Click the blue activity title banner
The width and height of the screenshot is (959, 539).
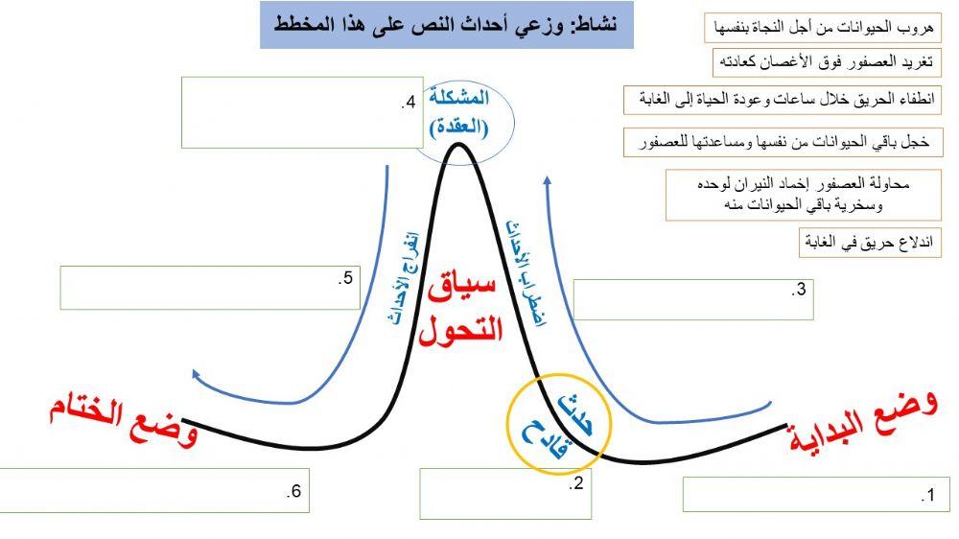coord(446,25)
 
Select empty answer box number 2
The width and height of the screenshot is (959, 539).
coord(503,494)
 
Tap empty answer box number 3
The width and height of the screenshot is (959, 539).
coord(692,299)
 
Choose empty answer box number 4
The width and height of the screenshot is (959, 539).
coord(301,113)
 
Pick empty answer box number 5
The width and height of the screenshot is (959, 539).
coord(209,288)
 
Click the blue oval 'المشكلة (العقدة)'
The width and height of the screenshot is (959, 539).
coord(464,112)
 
